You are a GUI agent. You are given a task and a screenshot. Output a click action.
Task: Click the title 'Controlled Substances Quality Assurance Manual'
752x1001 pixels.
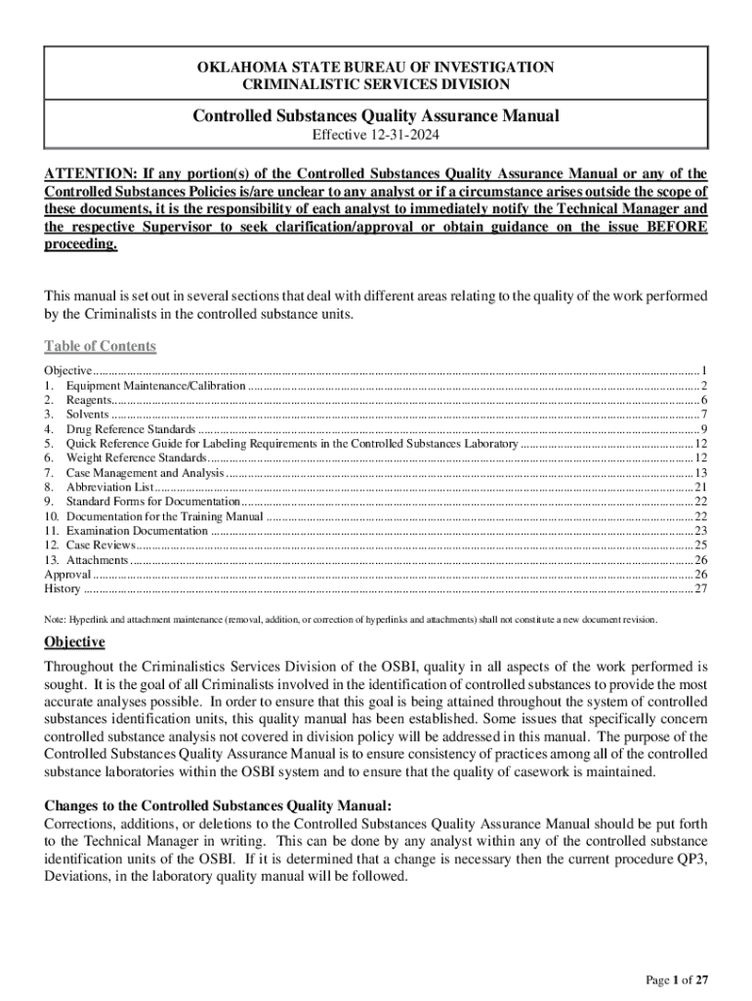375,116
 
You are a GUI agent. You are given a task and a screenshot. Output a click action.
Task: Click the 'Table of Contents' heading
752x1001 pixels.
101,346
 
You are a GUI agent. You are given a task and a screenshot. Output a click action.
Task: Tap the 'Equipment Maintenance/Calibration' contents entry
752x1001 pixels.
155,386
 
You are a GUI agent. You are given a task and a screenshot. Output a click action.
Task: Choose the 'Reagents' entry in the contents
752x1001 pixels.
89,400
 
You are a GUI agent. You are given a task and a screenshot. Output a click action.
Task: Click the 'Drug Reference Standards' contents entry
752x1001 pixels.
131,429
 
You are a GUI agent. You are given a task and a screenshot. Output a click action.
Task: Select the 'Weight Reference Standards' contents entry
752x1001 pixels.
136,457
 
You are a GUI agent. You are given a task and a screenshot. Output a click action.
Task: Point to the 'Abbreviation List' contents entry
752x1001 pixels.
109,487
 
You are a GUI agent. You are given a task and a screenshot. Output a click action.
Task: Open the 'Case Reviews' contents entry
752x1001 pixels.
101,544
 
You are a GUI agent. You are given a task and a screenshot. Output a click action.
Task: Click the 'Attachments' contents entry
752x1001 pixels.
97,559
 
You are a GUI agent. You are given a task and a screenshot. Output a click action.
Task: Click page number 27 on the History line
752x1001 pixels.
700,588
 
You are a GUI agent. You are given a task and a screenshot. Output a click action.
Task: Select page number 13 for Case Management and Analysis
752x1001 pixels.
700,472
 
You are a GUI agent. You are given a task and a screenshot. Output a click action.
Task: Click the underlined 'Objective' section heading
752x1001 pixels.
74,642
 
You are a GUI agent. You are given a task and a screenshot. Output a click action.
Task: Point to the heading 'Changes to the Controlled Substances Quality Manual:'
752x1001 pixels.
218,805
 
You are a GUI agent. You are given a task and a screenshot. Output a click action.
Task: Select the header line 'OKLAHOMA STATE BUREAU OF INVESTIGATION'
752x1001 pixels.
375,67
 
